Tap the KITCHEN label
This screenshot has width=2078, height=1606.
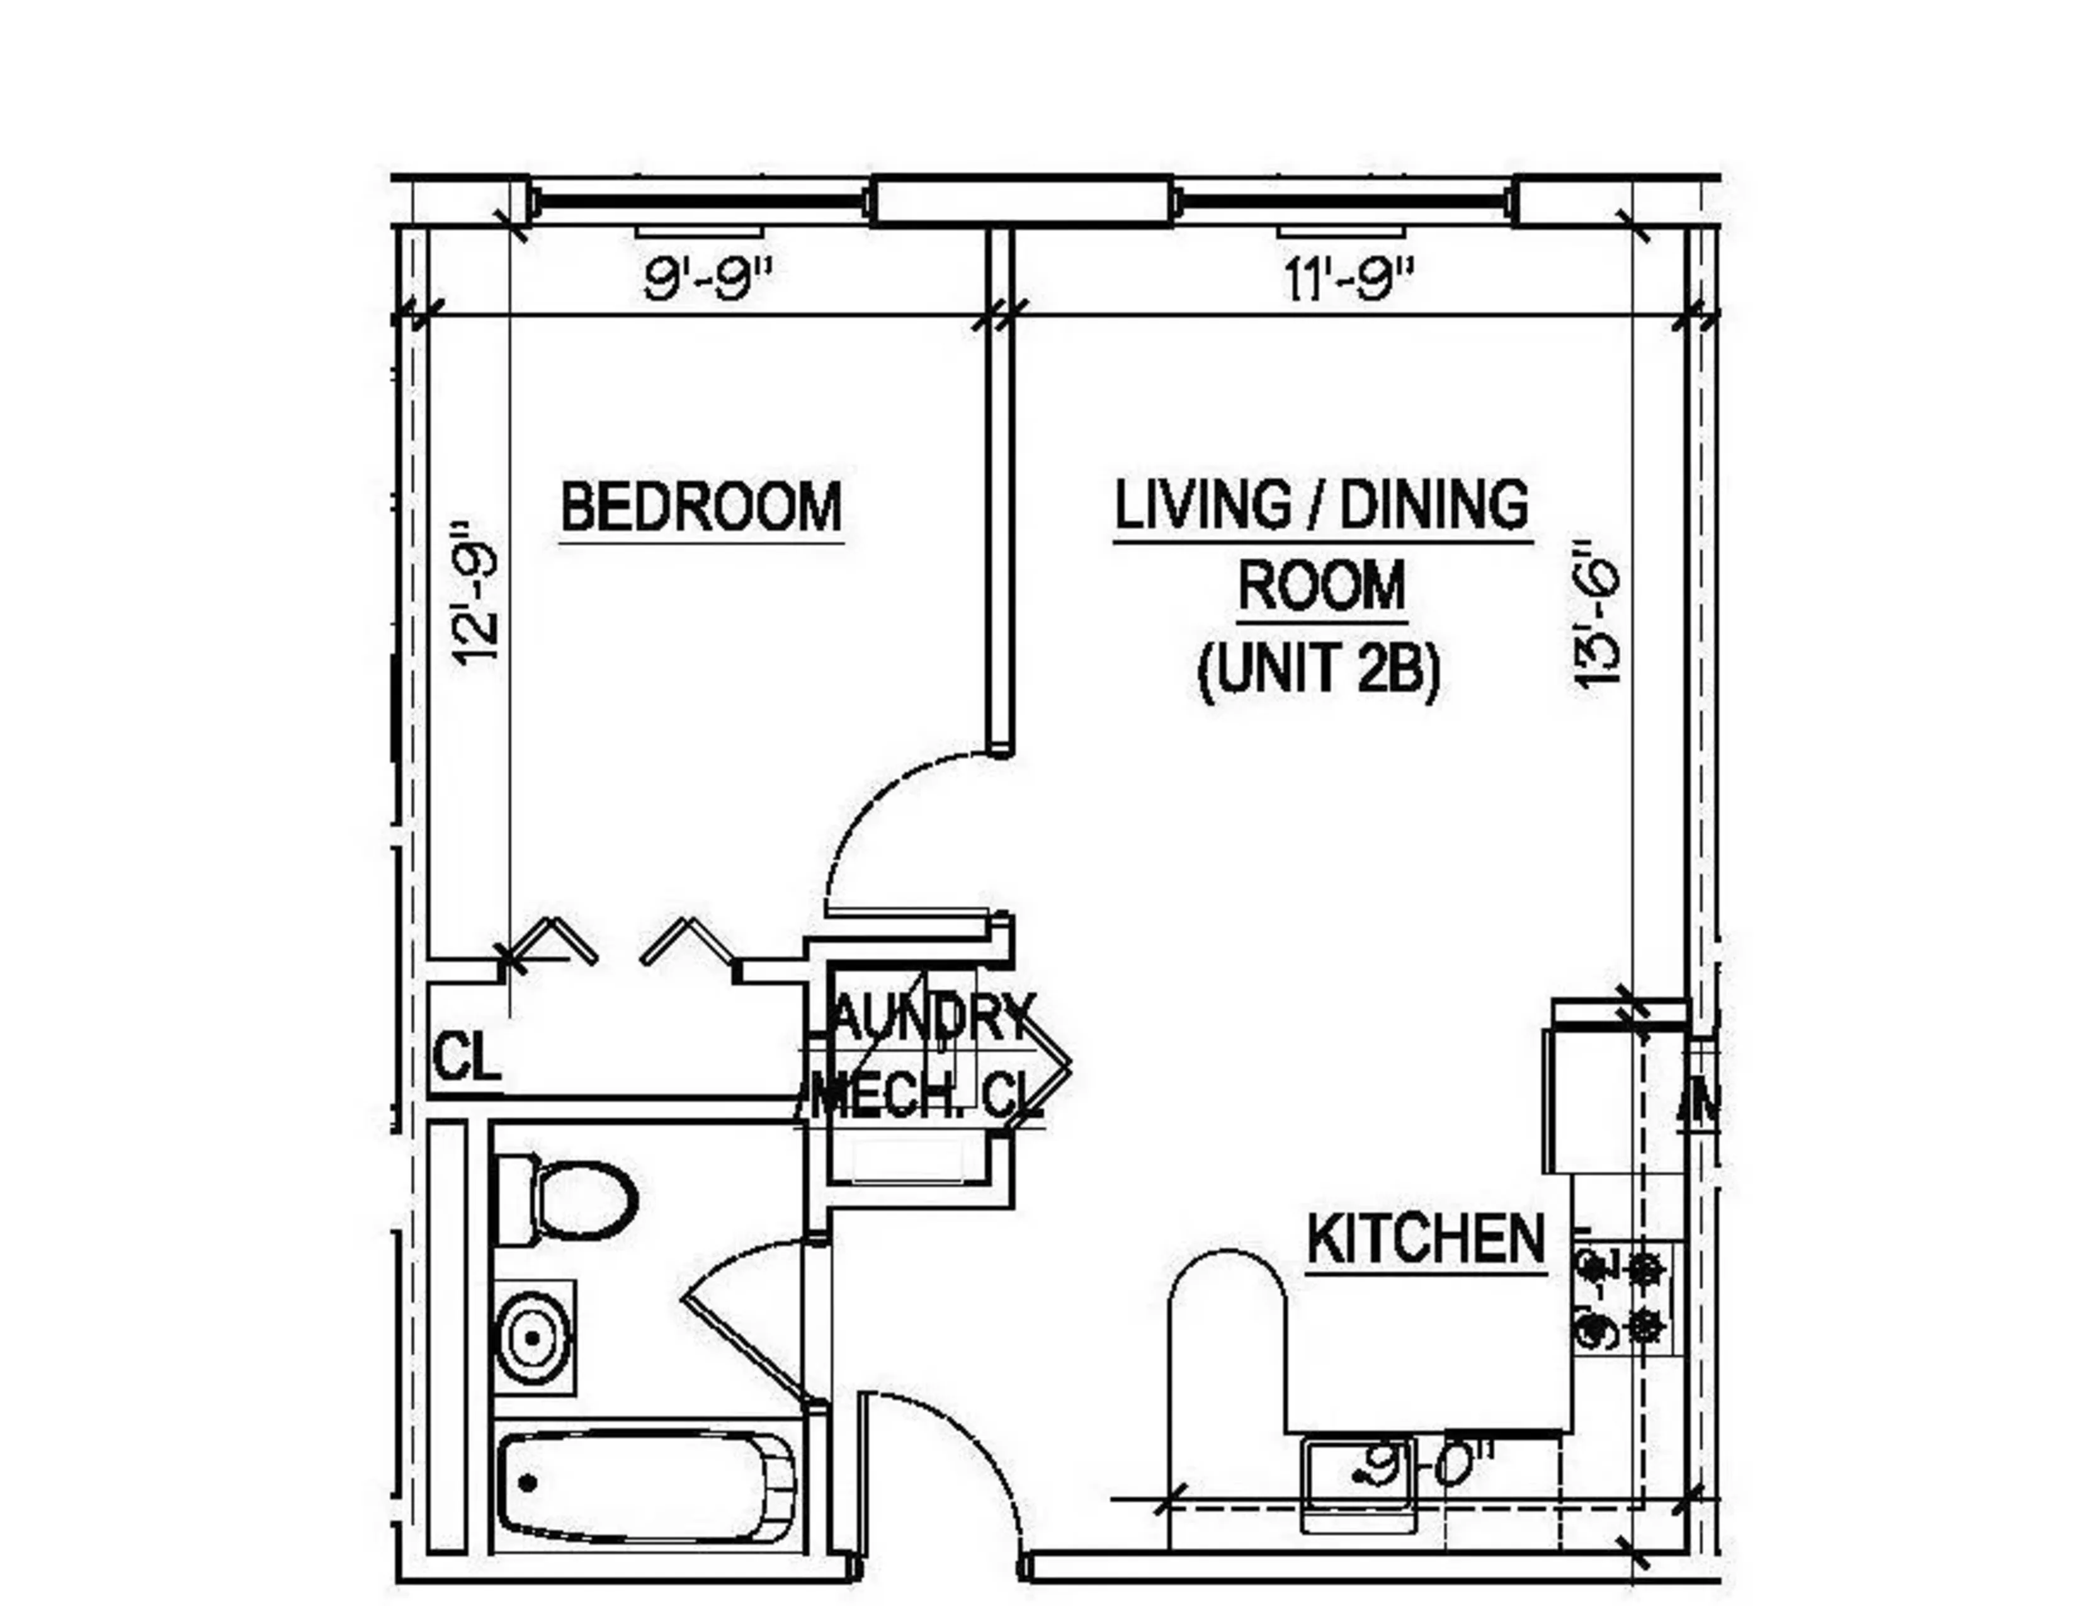pos(1425,1239)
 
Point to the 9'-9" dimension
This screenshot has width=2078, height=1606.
pos(705,279)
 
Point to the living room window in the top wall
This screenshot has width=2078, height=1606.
pos(1341,202)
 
